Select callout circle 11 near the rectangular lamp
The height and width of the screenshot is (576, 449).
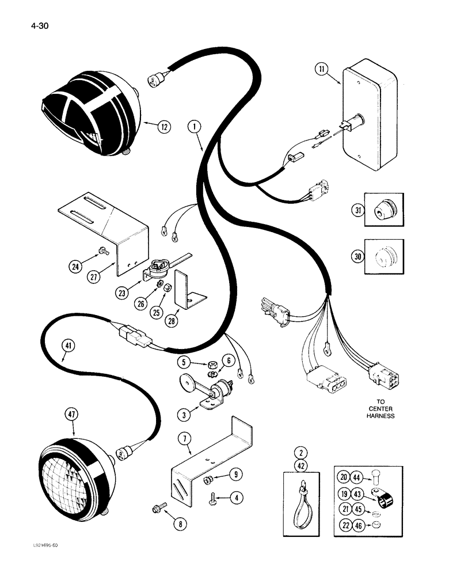(322, 71)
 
